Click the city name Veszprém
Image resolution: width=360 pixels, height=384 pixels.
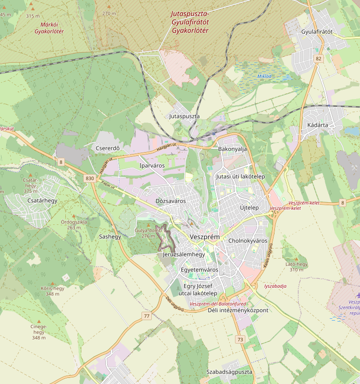(204, 237)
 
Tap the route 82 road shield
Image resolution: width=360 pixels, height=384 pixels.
(319, 59)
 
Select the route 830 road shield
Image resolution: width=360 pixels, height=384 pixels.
(90, 178)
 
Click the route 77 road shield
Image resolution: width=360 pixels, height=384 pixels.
(147, 316)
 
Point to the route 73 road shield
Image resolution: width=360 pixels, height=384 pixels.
(241, 339)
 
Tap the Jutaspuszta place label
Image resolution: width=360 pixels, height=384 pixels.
(184, 116)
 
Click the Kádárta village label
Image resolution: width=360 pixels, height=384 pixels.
(317, 125)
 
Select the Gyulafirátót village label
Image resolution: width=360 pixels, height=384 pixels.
(317, 32)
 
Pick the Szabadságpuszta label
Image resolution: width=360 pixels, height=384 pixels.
(229, 372)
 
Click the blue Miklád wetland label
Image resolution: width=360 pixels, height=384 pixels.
(265, 76)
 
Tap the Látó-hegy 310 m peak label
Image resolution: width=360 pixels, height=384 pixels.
(297, 267)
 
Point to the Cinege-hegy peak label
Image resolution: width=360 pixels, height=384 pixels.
(39, 332)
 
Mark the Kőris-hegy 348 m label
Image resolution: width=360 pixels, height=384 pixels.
(53, 291)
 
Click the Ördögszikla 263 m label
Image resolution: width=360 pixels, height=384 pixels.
(74, 224)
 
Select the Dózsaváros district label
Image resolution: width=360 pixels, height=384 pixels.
(171, 201)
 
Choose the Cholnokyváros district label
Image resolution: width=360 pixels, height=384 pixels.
(247, 241)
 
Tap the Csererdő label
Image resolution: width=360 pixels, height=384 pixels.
(108, 149)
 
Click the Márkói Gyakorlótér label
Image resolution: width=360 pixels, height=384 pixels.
(49, 28)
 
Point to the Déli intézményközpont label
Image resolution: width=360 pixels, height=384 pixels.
(238, 310)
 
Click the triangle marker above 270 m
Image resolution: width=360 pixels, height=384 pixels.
(109, 7)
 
